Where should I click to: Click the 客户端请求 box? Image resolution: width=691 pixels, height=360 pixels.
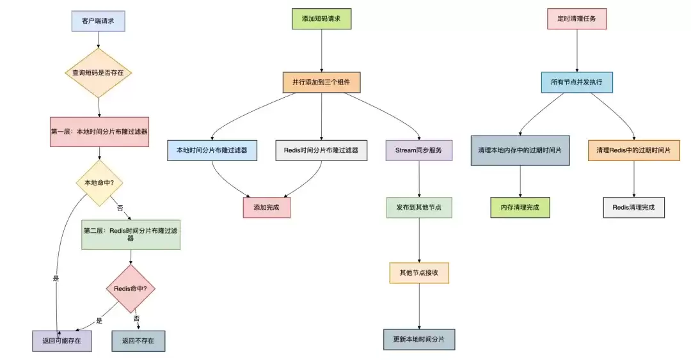[x=99, y=21]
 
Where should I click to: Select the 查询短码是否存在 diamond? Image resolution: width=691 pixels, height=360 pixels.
[x=99, y=73]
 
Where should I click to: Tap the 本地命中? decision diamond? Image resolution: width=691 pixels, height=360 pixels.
[x=99, y=182]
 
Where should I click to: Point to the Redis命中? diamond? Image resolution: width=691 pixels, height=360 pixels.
[x=131, y=288]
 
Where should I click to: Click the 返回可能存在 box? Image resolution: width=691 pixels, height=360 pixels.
[x=61, y=341]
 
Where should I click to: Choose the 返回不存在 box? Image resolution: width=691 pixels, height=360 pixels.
[x=138, y=341]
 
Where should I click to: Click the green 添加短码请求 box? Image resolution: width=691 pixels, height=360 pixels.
[x=321, y=19]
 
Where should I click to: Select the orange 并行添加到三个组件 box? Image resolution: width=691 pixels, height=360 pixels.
[x=321, y=82]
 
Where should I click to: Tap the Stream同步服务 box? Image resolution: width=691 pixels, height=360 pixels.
[x=418, y=150]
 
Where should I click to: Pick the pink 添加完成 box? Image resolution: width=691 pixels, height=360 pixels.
[x=267, y=208]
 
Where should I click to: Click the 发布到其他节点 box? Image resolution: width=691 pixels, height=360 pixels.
[x=419, y=208]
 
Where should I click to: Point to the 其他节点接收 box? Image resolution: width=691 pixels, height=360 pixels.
[x=419, y=273]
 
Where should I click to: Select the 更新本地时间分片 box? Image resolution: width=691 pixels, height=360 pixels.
[x=419, y=340]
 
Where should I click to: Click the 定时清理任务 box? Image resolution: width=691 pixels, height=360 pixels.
[x=577, y=19]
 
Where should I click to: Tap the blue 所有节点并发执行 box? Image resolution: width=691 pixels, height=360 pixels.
[x=577, y=82]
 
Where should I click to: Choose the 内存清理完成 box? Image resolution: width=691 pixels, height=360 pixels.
[x=520, y=208]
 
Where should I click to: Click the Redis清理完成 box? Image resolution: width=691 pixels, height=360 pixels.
[x=633, y=208]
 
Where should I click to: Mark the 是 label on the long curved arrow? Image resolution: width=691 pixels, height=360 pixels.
[x=56, y=279]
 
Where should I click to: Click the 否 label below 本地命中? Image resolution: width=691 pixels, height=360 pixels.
[x=120, y=208]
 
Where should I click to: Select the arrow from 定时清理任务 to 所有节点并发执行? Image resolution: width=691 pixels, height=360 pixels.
[x=577, y=51]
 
